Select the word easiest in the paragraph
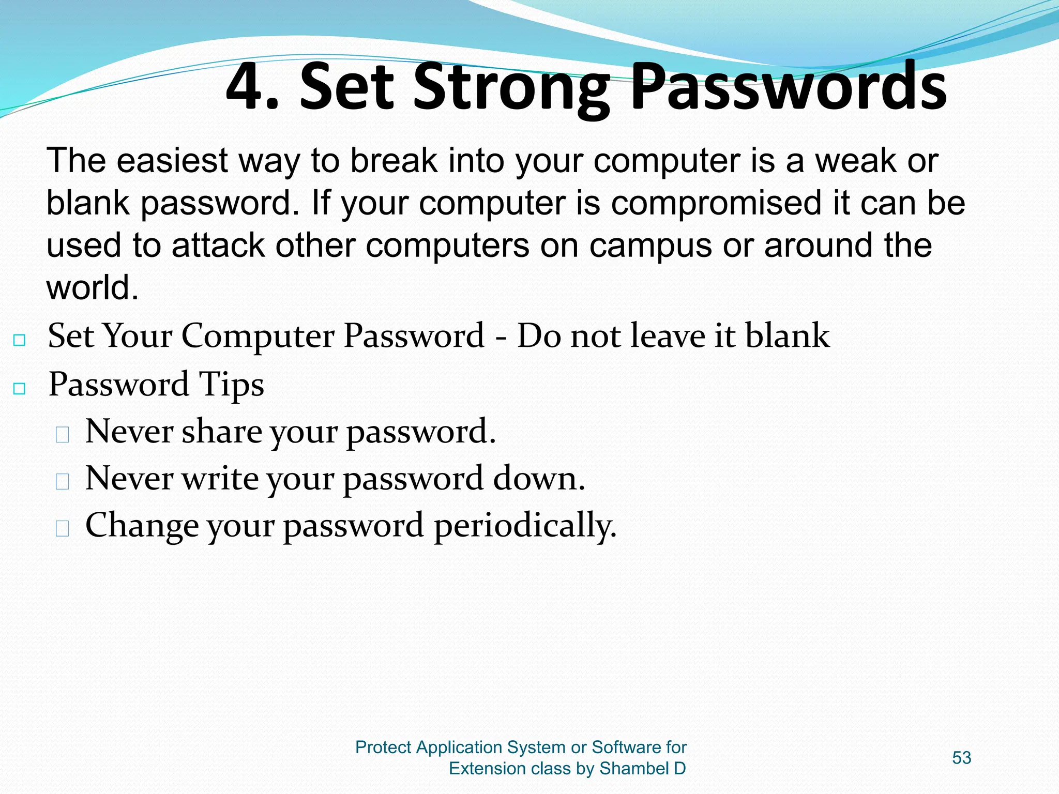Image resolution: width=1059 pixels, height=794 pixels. [x=172, y=161]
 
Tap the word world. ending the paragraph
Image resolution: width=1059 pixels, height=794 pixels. [x=93, y=287]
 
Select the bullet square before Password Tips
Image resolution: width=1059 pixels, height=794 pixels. [x=20, y=388]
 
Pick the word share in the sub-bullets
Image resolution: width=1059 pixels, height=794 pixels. [x=221, y=431]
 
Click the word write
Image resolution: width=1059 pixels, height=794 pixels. [x=220, y=478]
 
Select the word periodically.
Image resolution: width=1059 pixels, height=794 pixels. [x=525, y=526]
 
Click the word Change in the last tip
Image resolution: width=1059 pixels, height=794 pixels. [x=142, y=525]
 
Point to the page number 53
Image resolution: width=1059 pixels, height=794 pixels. [x=961, y=758]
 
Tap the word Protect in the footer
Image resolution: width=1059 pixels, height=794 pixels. [x=383, y=747]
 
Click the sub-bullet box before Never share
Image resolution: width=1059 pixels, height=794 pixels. [x=63, y=435]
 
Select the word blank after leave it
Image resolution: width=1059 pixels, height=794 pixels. [x=788, y=335]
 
